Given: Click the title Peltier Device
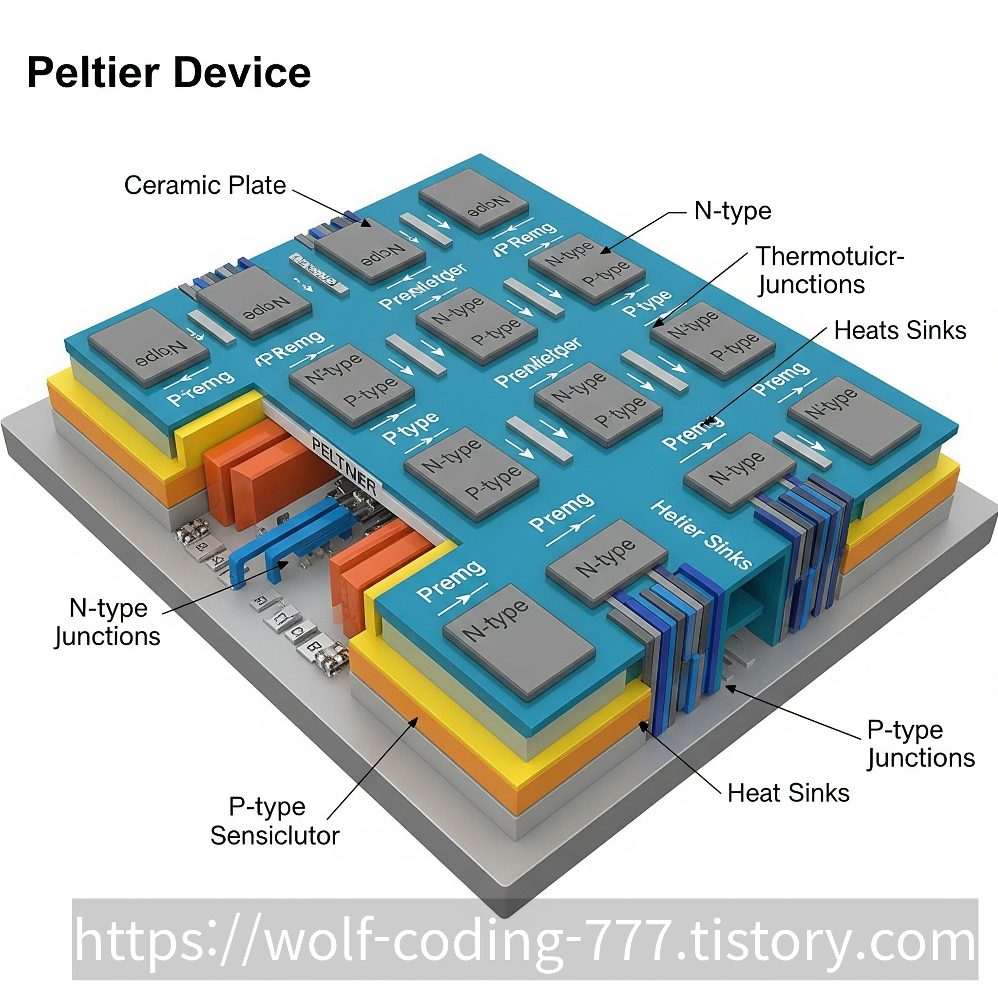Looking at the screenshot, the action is point(169,73).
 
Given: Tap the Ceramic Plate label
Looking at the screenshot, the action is point(205,185).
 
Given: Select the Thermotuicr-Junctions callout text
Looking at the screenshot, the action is point(828,270).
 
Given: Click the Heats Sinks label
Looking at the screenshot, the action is point(900,330).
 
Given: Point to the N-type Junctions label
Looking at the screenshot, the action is point(107,622).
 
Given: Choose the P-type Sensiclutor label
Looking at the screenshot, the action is point(274,821).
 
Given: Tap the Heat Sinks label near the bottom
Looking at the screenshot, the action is point(788,793).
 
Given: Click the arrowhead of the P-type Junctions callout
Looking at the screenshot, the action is point(728,687).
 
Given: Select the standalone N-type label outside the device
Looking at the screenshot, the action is point(732,211).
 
